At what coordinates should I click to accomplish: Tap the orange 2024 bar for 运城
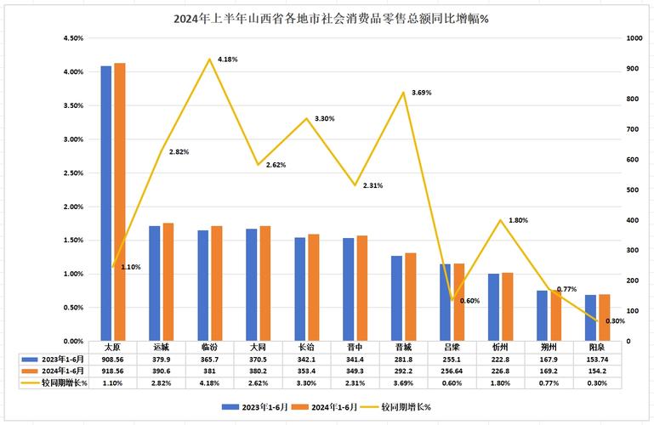pyautogui.click(x=168, y=281)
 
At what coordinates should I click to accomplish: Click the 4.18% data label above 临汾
pyautogui.click(x=227, y=59)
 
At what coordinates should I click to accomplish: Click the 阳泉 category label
pyautogui.click(x=597, y=348)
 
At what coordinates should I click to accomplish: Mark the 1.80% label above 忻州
pyautogui.click(x=518, y=220)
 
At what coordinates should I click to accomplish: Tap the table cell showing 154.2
pyautogui.click(x=597, y=371)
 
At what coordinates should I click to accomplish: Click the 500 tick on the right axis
pyautogui.click(x=633, y=190)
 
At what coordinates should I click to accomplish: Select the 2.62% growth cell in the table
pyautogui.click(x=258, y=383)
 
